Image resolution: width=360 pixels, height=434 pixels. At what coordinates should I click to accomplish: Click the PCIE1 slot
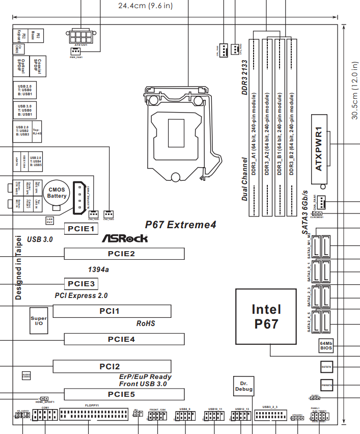tap(81, 229)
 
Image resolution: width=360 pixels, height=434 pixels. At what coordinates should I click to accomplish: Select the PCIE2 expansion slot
tap(124, 254)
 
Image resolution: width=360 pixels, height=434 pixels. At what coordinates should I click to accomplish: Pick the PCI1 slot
tap(112, 311)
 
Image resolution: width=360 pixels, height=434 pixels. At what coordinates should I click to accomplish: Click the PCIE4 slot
tap(124, 339)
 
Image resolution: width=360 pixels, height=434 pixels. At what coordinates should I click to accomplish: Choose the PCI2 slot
tap(112, 366)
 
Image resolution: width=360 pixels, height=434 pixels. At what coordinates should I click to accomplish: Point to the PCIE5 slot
tap(124, 394)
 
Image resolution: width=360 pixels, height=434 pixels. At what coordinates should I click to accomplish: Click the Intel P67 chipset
tap(266, 317)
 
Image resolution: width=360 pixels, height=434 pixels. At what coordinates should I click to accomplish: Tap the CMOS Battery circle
tap(57, 193)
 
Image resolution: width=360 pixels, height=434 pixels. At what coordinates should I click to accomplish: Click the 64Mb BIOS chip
tap(326, 346)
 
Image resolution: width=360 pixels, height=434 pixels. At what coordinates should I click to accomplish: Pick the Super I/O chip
tap(39, 320)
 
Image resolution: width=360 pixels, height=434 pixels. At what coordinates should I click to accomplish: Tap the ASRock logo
tap(125, 238)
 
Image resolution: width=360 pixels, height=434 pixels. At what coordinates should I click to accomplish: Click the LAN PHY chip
tap(50, 220)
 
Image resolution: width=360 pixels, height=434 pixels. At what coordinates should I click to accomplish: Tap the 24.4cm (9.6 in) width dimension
tap(145, 6)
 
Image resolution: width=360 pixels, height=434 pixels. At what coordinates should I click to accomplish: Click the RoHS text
tap(146, 323)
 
